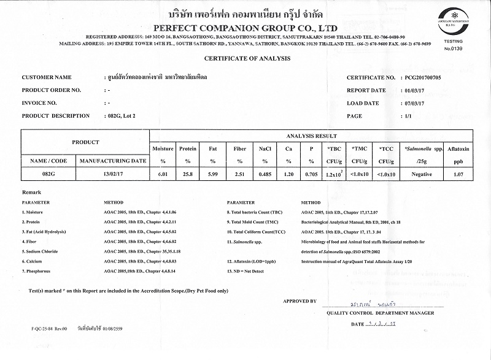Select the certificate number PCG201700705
click(427, 78)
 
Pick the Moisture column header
click(163, 148)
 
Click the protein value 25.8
click(188, 174)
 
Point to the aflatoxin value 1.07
click(458, 174)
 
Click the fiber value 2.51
click(239, 174)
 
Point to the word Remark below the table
click(31, 193)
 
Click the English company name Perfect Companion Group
click(245, 28)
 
